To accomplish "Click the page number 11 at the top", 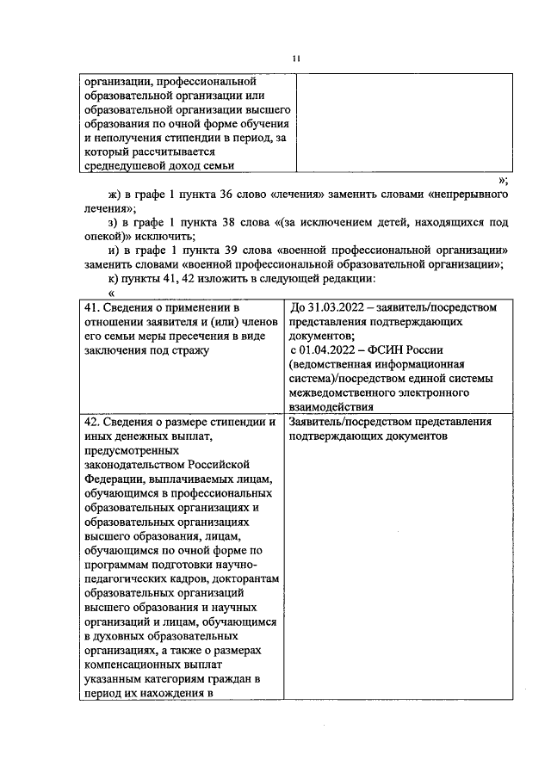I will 295,59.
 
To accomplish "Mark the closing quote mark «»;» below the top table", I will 503,181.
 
